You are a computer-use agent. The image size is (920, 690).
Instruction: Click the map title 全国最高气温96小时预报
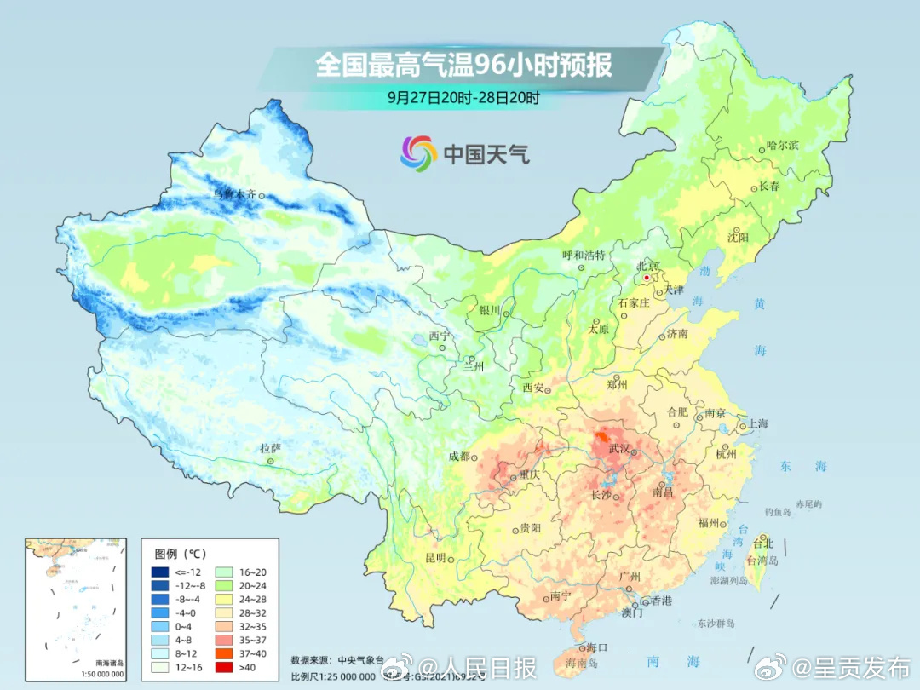point(463,65)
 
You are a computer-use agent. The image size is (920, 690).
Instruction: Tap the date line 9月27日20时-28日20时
point(463,97)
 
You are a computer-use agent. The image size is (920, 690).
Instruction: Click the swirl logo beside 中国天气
point(417,153)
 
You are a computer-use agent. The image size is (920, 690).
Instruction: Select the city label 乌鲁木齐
point(233,195)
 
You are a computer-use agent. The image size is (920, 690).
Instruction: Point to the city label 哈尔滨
point(783,146)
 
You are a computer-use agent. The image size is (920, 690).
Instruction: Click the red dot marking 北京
point(647,278)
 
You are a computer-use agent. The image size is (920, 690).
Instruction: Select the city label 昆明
point(434,558)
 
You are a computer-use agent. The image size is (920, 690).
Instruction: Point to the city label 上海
point(757,423)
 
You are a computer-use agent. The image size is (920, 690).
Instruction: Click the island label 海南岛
point(584,661)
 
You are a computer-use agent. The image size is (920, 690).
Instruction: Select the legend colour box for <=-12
point(160,571)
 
